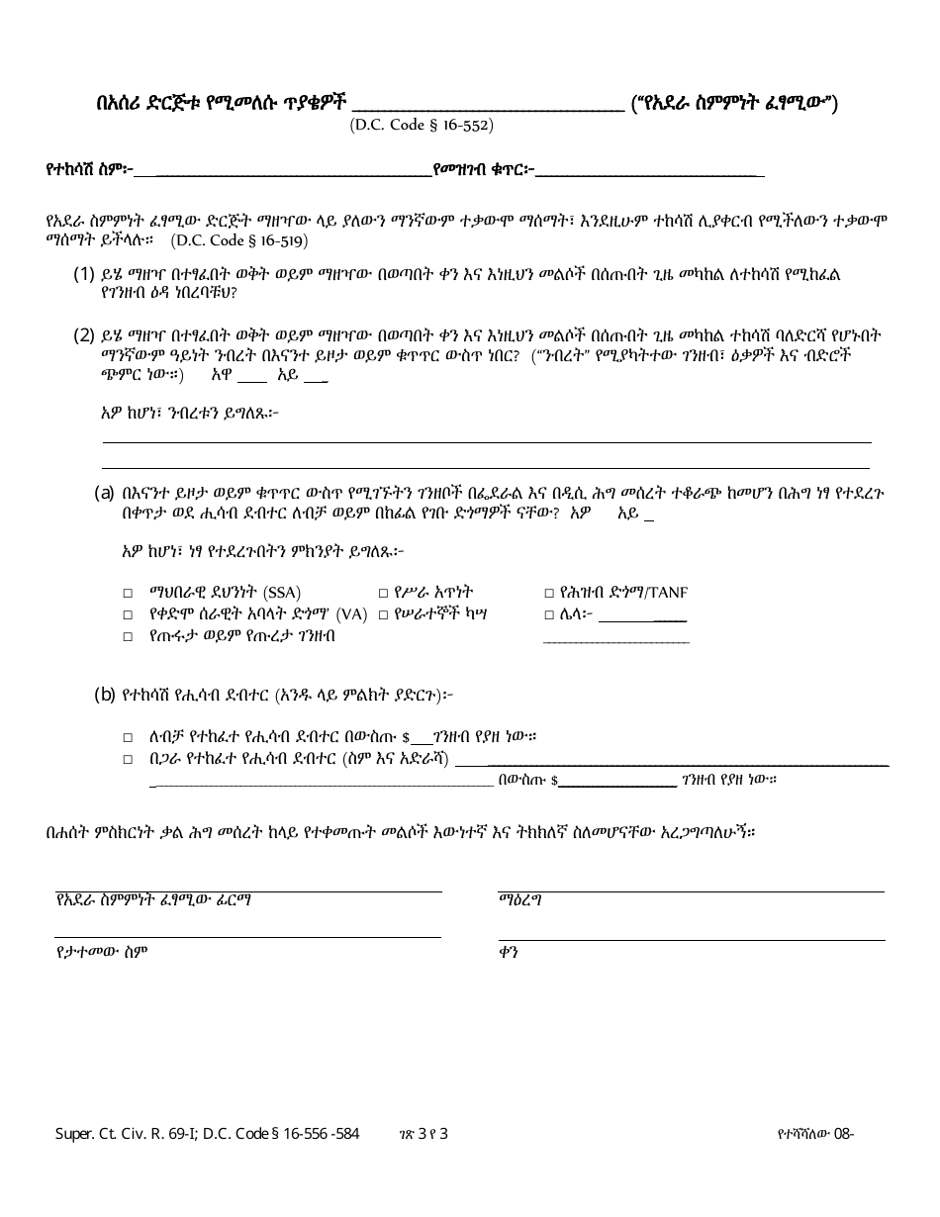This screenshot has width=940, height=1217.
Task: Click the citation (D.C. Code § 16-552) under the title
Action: (x=421, y=126)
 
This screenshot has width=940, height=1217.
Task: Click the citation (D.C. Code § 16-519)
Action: (x=238, y=239)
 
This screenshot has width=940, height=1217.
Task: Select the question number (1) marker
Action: (x=84, y=274)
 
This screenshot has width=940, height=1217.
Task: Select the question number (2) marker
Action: (x=84, y=334)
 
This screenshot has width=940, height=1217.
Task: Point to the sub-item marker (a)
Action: (x=104, y=492)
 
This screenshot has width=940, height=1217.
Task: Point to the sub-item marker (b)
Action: (x=104, y=695)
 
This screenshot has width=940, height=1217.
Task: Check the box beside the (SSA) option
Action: (x=128, y=593)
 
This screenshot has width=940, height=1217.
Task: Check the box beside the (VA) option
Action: (x=128, y=614)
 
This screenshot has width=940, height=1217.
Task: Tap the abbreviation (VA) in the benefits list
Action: (x=351, y=614)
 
